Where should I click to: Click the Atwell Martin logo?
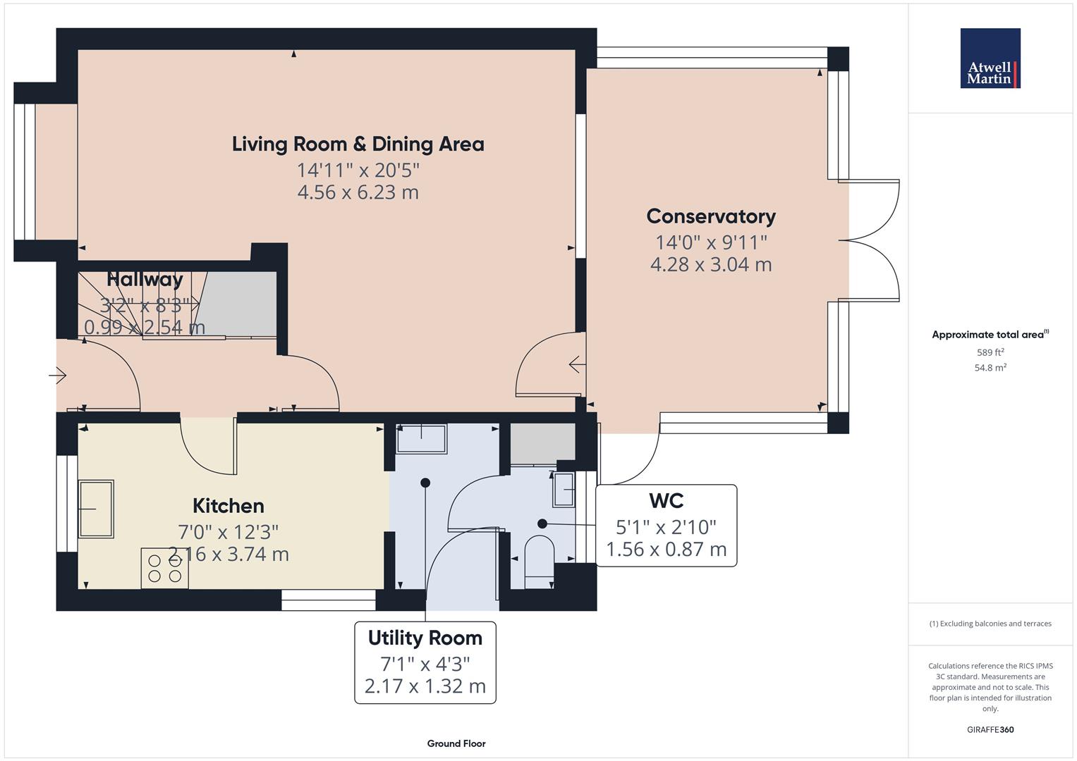click(x=990, y=58)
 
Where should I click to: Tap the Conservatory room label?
click(x=711, y=216)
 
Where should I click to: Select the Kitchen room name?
click(x=229, y=506)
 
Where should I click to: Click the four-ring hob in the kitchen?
click(x=164, y=569)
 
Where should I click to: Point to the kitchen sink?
click(x=96, y=508)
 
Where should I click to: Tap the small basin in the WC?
click(x=564, y=490)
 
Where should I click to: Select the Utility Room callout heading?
click(x=425, y=638)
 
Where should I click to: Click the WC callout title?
click(x=666, y=500)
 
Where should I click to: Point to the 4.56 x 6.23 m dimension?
click(x=358, y=192)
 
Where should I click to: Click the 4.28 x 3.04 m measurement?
click(x=711, y=264)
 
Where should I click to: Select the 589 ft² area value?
click(x=990, y=352)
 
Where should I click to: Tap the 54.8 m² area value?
click(x=990, y=368)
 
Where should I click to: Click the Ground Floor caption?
click(x=456, y=743)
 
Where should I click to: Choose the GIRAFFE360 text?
click(x=990, y=729)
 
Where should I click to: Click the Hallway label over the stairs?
click(x=145, y=279)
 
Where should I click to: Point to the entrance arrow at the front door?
click(x=57, y=375)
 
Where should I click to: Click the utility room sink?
click(x=421, y=438)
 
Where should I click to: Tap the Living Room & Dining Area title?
click(x=358, y=144)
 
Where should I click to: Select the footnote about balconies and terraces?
click(x=990, y=624)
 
